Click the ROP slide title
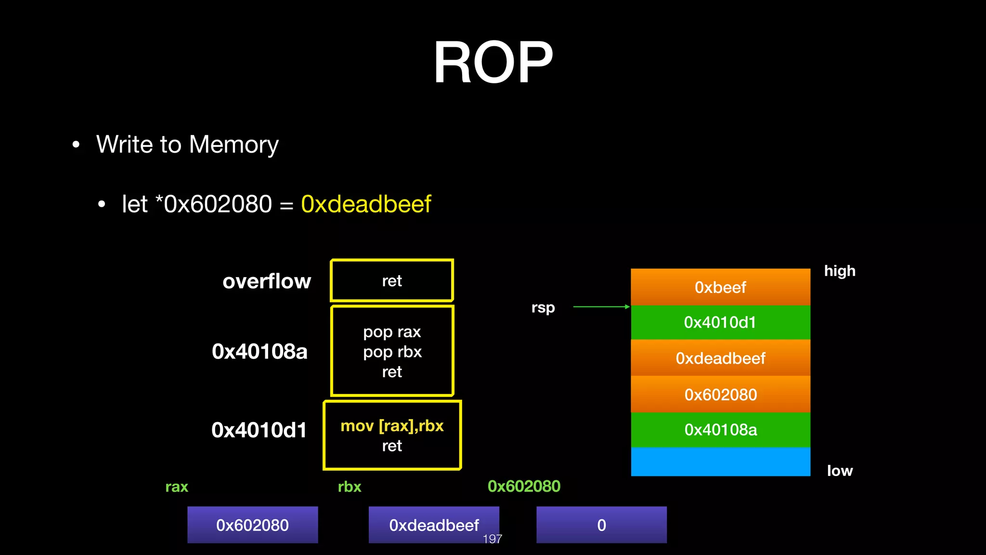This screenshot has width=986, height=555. [x=493, y=63]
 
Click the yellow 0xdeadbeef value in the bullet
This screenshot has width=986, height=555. [x=366, y=204]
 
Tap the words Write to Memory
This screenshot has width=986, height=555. [x=187, y=145]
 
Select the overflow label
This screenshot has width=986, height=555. [x=267, y=281]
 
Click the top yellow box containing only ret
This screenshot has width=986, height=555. [x=392, y=280]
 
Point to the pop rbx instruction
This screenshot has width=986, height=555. [x=392, y=352]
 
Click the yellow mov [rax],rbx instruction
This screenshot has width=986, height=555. [x=392, y=426]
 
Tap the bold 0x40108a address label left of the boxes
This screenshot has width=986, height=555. [x=259, y=352]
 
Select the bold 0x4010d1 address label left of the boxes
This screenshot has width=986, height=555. [x=259, y=430]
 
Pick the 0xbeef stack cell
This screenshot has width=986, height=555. [x=720, y=288]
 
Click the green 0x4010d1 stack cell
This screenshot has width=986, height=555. [x=720, y=322]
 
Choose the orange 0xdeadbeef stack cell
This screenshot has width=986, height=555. [x=720, y=358]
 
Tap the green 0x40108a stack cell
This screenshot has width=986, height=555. [x=720, y=430]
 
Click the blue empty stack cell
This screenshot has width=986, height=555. [x=720, y=462]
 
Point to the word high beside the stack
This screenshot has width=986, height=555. [x=840, y=271]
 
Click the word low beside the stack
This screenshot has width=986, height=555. [x=840, y=471]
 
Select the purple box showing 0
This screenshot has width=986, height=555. [x=601, y=525]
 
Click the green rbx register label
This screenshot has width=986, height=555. [x=350, y=487]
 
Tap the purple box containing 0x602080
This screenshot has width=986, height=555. [x=252, y=525]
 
